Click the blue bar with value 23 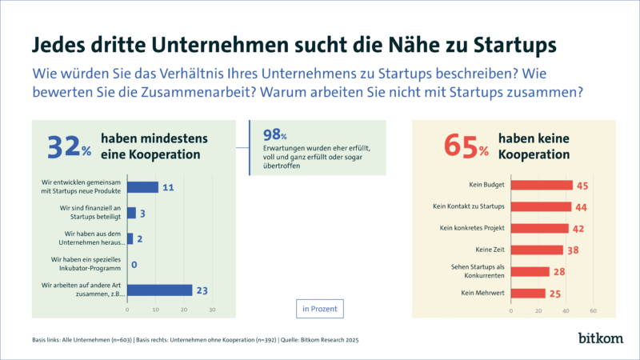(x=159, y=290)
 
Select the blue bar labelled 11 (x=142, y=188)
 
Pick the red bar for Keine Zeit (x=535, y=250)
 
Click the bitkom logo (x=599, y=339)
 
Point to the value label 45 (x=582, y=186)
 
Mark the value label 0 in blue (x=134, y=265)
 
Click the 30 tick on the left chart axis (x=213, y=309)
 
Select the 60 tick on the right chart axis (x=593, y=310)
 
